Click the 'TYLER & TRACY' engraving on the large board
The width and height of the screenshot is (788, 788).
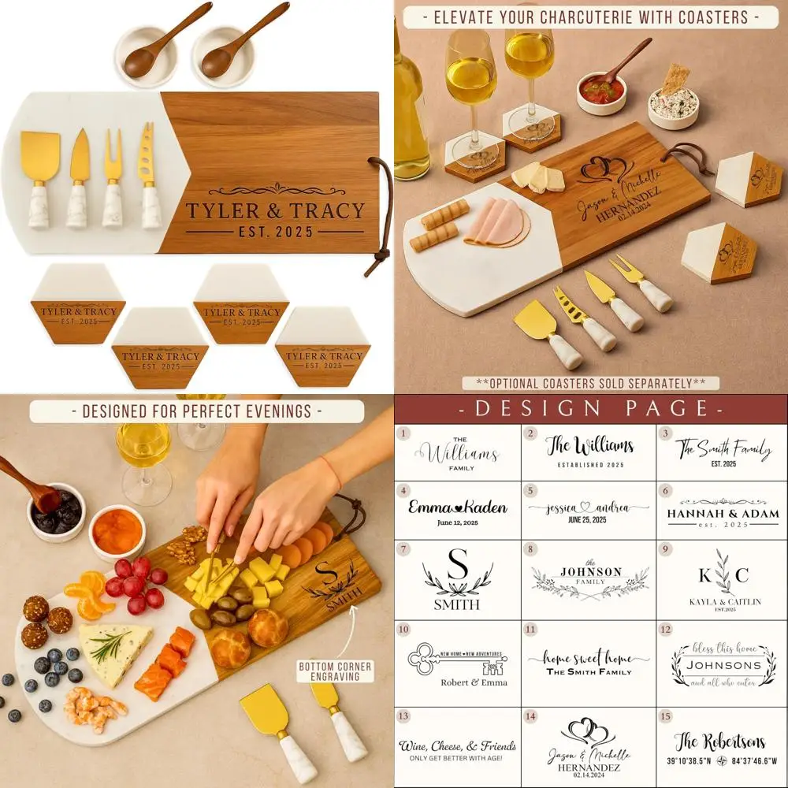click(274, 211)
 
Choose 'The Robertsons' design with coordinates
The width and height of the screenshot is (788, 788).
click(719, 749)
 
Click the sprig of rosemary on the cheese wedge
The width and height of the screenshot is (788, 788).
click(110, 645)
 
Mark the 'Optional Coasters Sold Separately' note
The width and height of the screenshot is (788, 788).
click(590, 383)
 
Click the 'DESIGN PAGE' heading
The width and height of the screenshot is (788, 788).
click(590, 408)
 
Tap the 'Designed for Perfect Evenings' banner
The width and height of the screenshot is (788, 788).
click(196, 411)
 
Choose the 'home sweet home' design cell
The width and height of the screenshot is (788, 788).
click(589, 663)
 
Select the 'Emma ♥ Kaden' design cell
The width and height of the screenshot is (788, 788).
click(457, 511)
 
